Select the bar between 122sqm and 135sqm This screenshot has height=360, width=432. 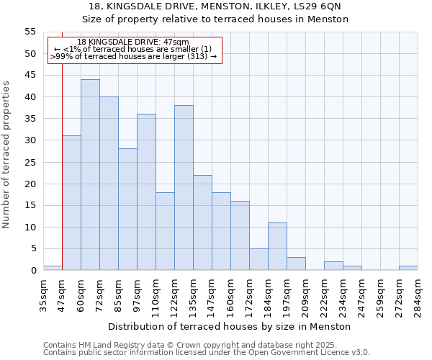184,188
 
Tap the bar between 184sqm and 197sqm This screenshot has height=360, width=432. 277,246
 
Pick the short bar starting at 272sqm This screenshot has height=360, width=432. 408,268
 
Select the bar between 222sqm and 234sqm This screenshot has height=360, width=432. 333,266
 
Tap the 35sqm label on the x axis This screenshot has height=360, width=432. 43,295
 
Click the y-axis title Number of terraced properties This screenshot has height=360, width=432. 7,154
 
